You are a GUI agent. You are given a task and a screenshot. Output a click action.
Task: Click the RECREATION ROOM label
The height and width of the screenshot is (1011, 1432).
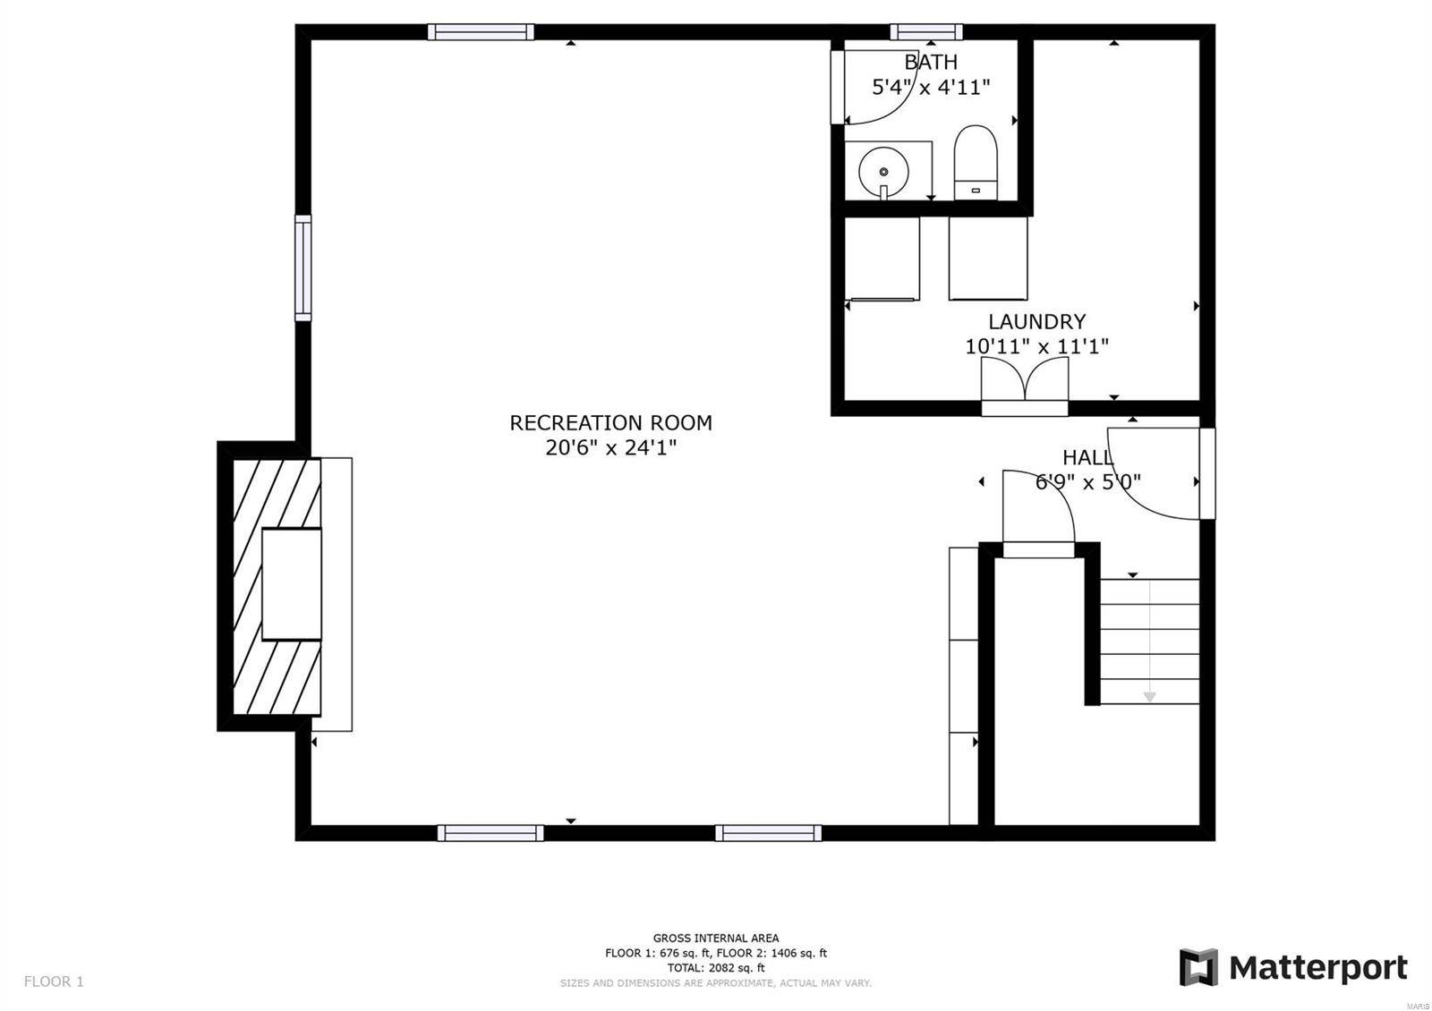(610, 422)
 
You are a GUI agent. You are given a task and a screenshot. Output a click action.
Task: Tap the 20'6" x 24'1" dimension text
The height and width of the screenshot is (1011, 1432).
(610, 447)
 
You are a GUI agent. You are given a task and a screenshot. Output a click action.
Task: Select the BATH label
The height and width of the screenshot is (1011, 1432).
(931, 62)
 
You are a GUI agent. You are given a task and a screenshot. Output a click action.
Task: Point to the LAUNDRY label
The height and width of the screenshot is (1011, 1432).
(1036, 321)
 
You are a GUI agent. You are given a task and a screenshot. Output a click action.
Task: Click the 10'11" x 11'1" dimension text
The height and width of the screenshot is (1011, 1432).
(1036, 346)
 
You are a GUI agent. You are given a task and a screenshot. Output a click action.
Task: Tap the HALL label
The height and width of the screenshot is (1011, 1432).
(1087, 457)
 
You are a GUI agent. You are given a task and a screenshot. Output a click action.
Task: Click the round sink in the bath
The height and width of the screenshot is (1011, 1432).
(883, 171)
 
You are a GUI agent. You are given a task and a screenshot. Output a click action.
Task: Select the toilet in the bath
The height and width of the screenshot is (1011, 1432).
(975, 161)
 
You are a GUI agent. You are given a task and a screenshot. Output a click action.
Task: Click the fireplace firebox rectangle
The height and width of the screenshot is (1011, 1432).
(291, 583)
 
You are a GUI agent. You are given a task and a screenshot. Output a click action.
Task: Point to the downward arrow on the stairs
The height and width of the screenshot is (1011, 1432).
(1149, 694)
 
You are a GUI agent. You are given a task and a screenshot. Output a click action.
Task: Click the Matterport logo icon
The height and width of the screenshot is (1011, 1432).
(1198, 967)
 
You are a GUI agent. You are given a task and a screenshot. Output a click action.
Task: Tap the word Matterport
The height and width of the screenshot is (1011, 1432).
(1317, 968)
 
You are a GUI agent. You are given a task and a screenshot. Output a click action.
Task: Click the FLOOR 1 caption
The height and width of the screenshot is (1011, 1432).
(54, 981)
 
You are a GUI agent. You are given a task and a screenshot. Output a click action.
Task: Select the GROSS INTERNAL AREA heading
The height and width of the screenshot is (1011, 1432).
(715, 938)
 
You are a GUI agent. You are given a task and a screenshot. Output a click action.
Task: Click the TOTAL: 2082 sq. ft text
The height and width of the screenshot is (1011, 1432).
(715, 967)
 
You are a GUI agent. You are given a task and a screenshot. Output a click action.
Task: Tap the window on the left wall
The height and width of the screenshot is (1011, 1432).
(303, 268)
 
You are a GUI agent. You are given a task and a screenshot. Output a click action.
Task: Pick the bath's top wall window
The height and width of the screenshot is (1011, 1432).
(925, 32)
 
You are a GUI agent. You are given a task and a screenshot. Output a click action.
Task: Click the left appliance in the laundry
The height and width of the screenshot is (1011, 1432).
(882, 259)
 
